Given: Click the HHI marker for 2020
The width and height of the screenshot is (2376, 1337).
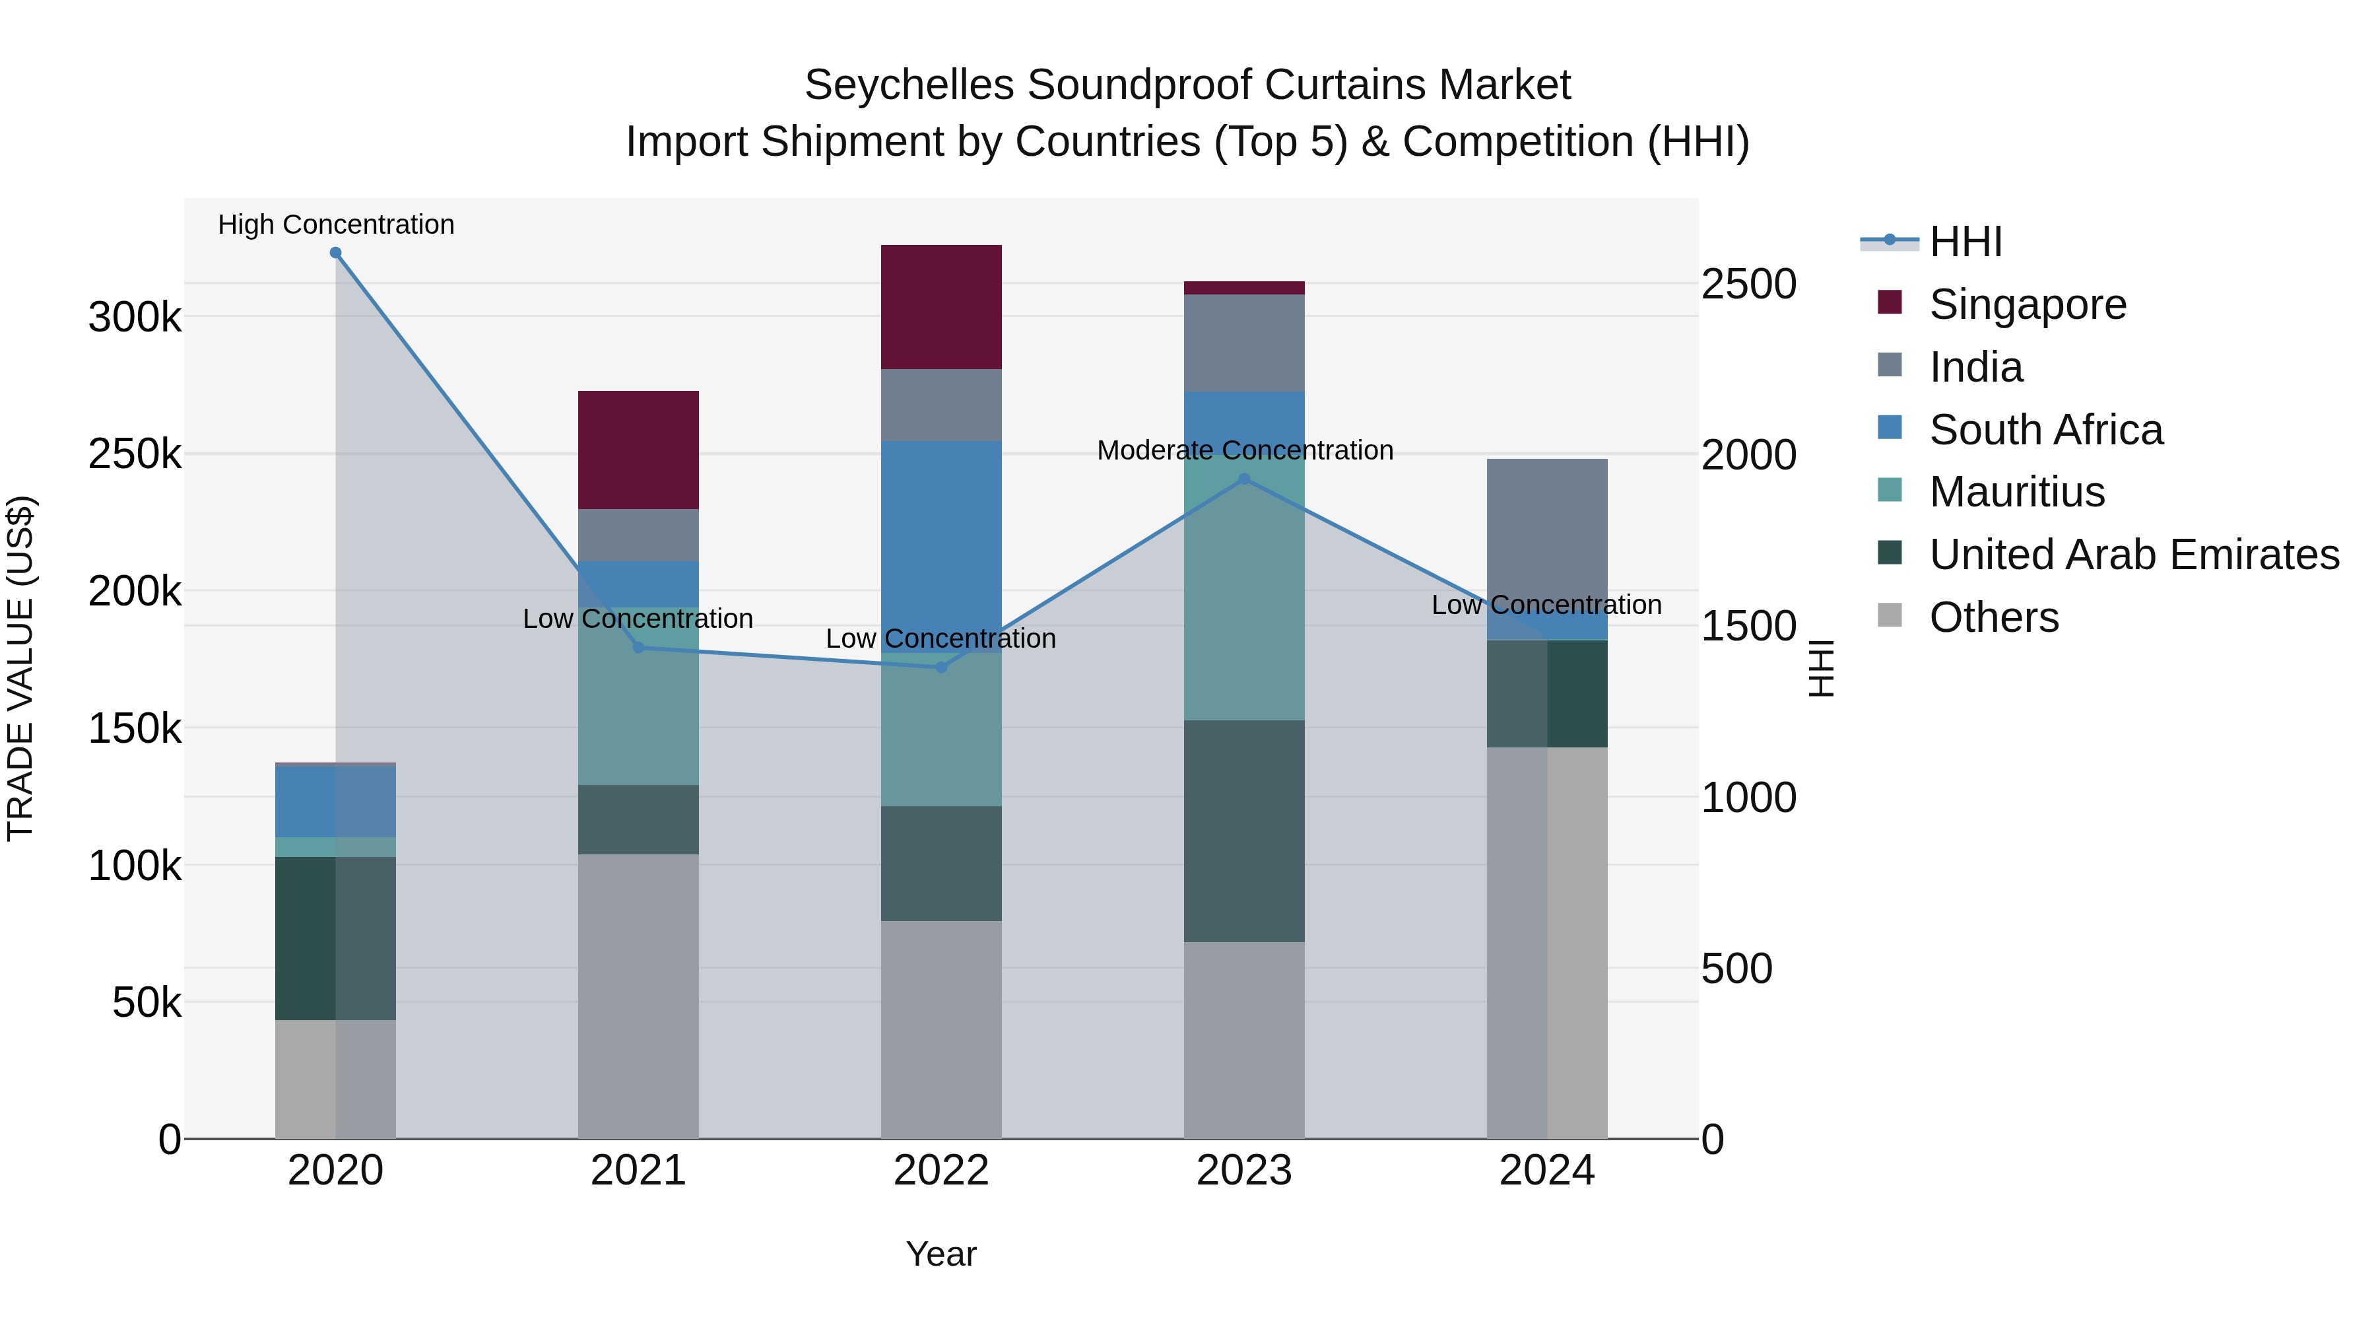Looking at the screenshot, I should coord(336,253).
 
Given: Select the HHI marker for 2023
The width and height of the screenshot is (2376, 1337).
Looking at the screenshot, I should coord(1243,479).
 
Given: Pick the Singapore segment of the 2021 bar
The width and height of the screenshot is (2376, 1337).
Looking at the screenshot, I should coord(638,450).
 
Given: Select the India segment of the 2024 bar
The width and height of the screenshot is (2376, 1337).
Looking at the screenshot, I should coord(1547,545).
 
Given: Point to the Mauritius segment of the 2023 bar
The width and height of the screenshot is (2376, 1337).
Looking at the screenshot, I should coord(1243,590).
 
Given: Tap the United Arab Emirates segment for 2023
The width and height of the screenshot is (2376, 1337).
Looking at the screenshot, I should coord(1243,831).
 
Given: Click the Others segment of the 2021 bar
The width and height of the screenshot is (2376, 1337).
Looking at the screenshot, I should coord(638,996).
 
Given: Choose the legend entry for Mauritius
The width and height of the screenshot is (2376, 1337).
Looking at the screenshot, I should coord(2016,492).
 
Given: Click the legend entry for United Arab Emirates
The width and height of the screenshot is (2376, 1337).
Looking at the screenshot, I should coord(2133,555).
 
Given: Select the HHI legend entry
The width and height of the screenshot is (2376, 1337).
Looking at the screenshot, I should coord(1965,242).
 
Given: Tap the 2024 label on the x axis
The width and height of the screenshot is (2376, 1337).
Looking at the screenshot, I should coord(1547,1171).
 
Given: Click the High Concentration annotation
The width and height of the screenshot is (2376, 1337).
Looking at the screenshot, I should coord(336,224).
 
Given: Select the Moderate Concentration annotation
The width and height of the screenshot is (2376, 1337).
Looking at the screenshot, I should coord(1244,450).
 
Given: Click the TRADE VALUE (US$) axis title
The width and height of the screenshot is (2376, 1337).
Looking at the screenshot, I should coord(20,668).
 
